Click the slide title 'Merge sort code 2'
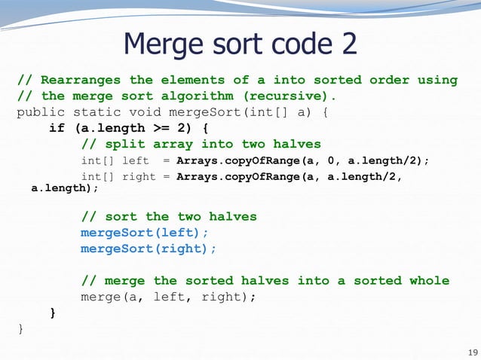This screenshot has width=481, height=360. [x=240, y=44]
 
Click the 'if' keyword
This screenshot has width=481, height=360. [x=57, y=128]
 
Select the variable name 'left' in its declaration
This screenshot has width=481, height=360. [x=136, y=160]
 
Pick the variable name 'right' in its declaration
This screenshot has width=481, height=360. [x=140, y=176]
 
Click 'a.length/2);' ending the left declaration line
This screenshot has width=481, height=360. [x=388, y=160]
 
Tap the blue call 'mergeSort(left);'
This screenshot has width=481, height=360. [x=144, y=233]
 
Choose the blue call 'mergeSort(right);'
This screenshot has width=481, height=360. [x=149, y=249]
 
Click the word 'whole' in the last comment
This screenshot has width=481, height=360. [x=429, y=280]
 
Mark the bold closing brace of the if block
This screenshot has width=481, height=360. [x=53, y=312]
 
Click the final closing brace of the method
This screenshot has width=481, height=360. [x=20, y=328]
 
